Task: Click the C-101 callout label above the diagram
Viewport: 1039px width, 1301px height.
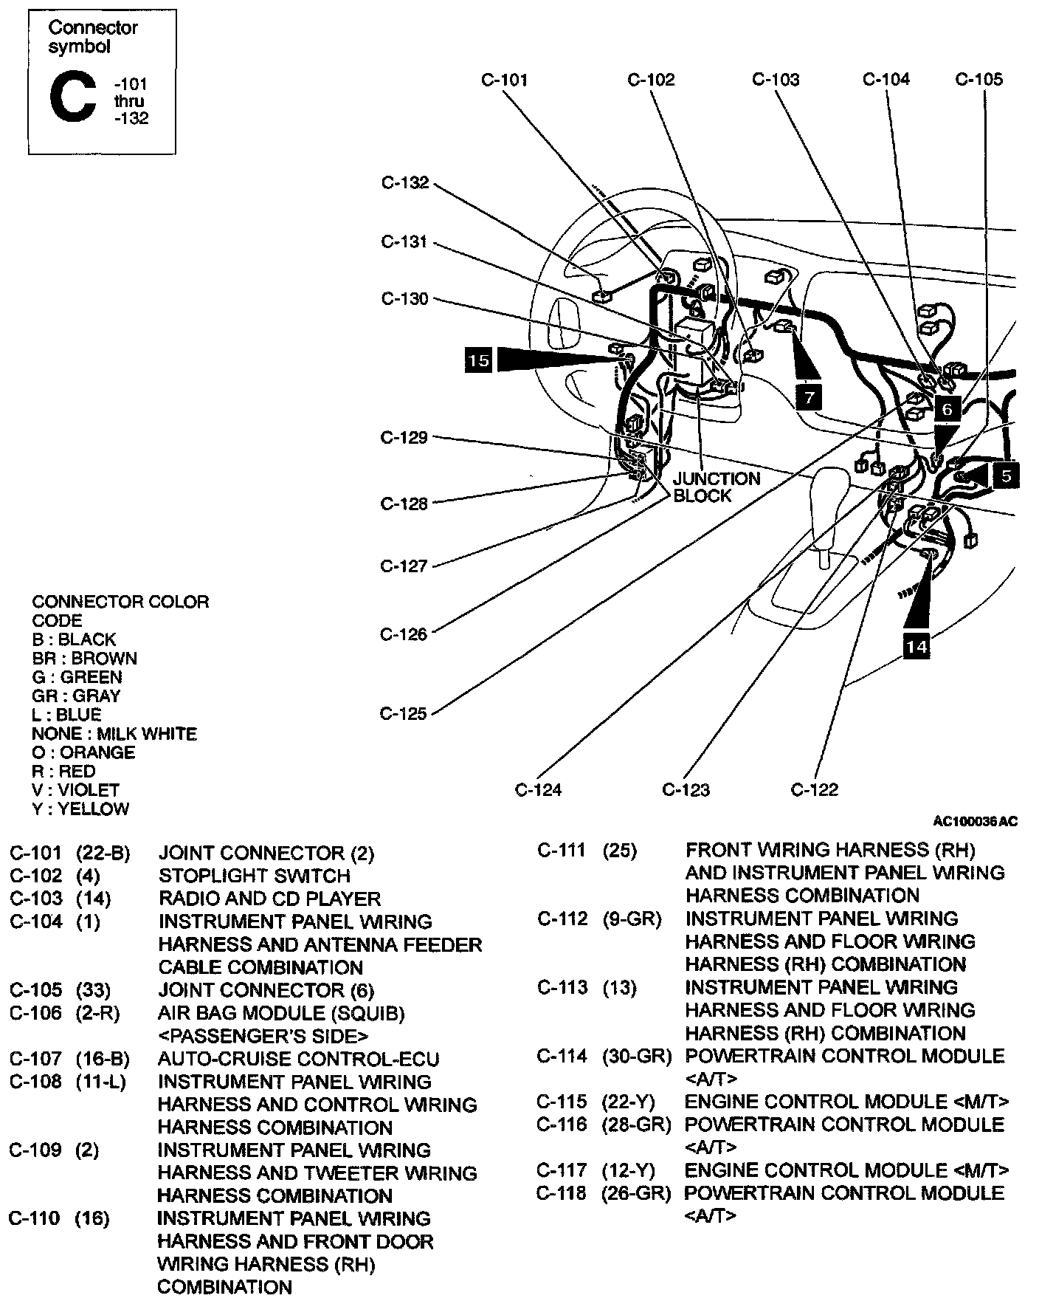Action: tap(504, 80)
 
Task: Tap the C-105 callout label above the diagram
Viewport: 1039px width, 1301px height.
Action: tap(978, 80)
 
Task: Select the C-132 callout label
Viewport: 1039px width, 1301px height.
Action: tap(404, 182)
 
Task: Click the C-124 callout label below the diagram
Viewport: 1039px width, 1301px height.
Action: tap(538, 790)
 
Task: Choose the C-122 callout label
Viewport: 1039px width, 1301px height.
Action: tap(815, 790)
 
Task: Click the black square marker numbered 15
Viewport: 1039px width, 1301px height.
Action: tap(478, 360)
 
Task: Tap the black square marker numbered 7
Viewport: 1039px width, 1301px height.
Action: tap(810, 398)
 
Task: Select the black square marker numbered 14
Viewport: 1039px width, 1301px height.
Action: tap(916, 647)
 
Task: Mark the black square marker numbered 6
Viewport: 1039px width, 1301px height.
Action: tap(947, 408)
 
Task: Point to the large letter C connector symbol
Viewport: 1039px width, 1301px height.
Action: tap(72, 100)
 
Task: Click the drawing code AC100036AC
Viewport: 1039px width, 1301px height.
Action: tap(975, 821)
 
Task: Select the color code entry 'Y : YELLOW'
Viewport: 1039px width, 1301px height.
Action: tap(80, 809)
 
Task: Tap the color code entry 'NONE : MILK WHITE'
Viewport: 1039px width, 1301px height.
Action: tap(114, 734)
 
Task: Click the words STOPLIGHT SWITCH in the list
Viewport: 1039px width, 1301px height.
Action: tap(254, 876)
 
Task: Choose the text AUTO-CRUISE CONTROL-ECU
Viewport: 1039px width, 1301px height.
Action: tap(298, 1060)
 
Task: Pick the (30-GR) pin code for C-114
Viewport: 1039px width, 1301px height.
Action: tap(637, 1056)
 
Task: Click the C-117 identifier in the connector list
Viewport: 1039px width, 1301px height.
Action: tap(562, 1170)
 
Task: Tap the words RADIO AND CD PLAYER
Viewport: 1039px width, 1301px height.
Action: tap(269, 899)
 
